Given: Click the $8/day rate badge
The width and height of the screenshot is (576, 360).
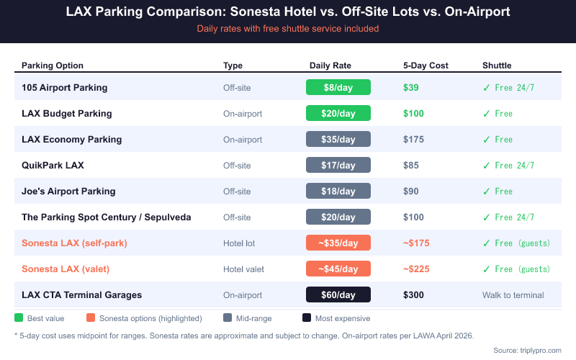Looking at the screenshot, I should [338, 88].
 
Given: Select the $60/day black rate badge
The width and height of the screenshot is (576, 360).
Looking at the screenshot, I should [338, 295].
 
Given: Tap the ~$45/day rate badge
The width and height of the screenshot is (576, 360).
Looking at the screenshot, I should [338, 269].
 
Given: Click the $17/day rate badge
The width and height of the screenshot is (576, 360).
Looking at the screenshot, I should [338, 166].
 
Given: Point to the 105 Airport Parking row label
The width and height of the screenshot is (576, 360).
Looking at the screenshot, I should [64, 88].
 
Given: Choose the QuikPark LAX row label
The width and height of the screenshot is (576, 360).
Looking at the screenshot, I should [53, 166].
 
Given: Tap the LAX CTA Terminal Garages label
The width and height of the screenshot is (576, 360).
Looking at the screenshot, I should [81, 295].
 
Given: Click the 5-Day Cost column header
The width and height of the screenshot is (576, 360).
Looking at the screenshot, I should [426, 66].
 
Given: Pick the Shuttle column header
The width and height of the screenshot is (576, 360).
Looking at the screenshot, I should [496, 66].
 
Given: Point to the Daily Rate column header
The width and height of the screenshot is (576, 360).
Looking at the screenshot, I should [330, 66].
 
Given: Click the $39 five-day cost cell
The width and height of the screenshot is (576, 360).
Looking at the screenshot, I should [410, 88].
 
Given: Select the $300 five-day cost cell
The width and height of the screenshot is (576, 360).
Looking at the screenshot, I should [413, 295].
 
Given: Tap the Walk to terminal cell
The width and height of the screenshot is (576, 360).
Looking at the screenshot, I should [513, 295].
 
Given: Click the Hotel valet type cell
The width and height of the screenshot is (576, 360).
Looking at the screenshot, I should [243, 269].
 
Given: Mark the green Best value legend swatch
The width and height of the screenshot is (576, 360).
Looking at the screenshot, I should [19, 318].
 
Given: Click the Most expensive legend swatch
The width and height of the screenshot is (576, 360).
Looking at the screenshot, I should [307, 318].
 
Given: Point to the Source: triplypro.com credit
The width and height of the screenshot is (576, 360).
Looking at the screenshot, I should [527, 350].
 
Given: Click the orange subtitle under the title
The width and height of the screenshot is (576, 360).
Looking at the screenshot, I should [288, 29].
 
